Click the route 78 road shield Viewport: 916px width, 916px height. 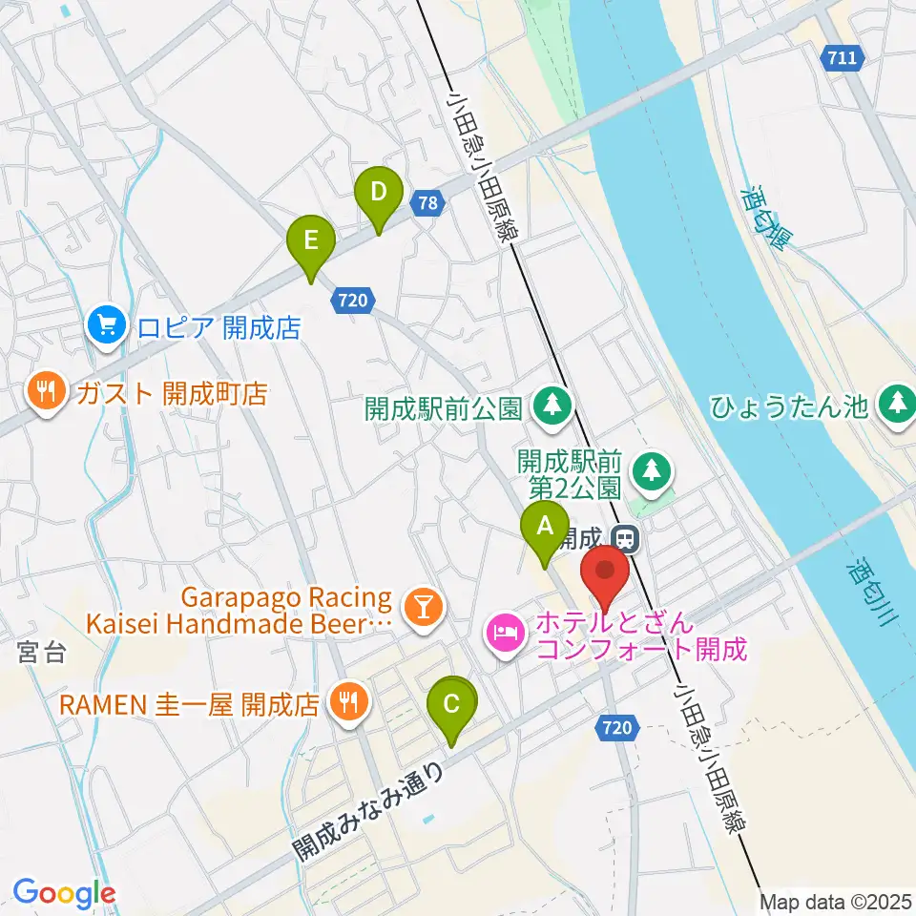429,202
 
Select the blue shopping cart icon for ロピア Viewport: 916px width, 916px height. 106,327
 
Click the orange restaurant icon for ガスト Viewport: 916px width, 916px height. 45,392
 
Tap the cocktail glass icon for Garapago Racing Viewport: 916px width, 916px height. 422,608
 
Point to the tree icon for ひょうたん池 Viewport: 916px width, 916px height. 897,406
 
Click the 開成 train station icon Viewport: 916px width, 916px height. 625,539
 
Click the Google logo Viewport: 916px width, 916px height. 64,893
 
